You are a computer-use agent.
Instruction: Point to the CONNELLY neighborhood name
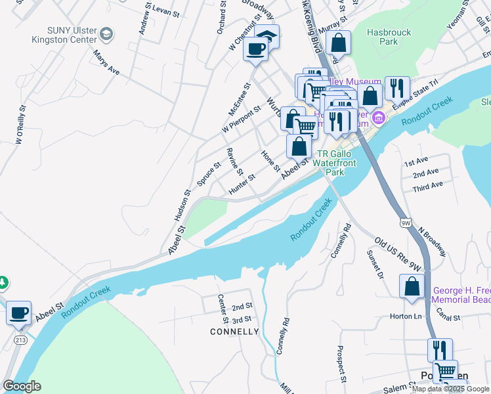[234, 332]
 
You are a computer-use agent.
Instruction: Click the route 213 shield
[19, 339]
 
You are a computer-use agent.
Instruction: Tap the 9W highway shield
[406, 223]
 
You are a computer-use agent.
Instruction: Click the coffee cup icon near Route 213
[18, 312]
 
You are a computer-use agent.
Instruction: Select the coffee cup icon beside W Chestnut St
[255, 48]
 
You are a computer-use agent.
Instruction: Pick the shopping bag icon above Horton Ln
[412, 286]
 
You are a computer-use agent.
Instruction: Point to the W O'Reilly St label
[20, 123]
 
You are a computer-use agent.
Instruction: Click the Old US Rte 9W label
[398, 253]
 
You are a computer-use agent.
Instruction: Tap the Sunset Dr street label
[374, 263]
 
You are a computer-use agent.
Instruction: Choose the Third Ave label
[427, 188]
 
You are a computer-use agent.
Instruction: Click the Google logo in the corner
[22, 386]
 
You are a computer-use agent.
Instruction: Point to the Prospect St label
[341, 364]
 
